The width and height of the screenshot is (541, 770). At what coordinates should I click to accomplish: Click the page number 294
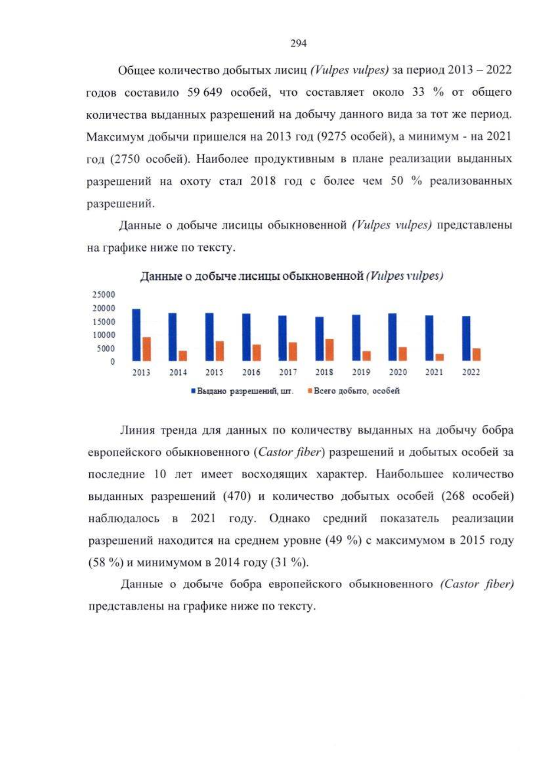click(298, 44)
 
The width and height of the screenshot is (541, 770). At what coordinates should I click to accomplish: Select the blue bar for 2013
click(136, 335)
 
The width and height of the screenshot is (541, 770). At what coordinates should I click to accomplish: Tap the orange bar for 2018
click(329, 350)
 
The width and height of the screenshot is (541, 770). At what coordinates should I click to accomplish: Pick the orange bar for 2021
click(440, 357)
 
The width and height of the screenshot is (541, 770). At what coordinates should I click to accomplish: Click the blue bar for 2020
click(393, 337)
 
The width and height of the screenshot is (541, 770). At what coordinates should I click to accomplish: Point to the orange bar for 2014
click(183, 356)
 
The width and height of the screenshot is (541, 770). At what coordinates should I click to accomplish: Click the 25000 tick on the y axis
click(104, 295)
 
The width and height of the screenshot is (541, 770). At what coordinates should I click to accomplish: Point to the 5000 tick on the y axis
click(106, 348)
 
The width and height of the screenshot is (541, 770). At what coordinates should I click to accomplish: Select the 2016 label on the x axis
click(251, 373)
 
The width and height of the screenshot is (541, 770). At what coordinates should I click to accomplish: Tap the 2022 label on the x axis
click(471, 373)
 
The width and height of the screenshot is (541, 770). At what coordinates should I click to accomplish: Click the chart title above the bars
click(291, 276)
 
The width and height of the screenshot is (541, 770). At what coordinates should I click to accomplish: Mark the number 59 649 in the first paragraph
click(205, 92)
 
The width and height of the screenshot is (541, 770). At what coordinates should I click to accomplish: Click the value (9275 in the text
click(331, 137)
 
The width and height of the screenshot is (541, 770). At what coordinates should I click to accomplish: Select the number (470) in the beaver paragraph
click(237, 496)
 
